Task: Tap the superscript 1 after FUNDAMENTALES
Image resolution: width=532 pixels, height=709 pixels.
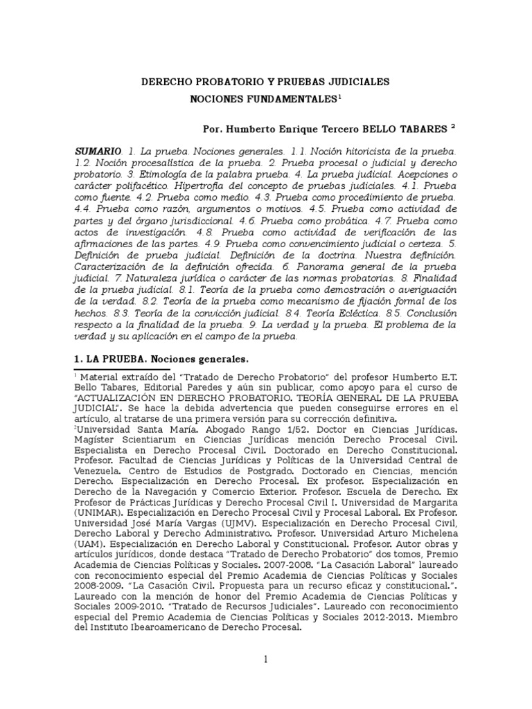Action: click(x=339, y=97)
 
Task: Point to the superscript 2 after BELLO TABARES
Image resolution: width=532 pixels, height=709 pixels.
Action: click(x=452, y=127)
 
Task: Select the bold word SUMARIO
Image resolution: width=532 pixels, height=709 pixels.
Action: click(x=97, y=151)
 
